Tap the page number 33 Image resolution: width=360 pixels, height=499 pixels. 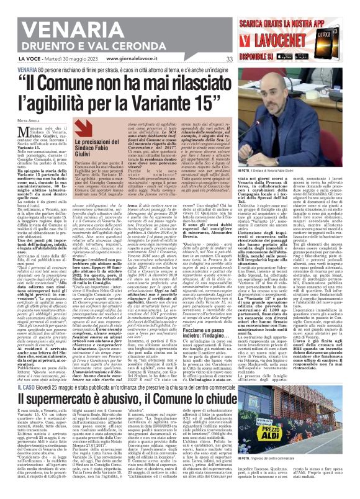coord(229,59)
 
